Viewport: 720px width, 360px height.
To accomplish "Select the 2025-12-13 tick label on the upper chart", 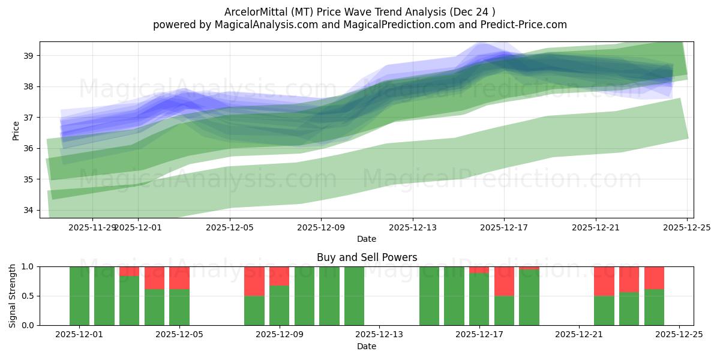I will pos(412,227).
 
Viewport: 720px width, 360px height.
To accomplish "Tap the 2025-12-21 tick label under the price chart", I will pos(595,227).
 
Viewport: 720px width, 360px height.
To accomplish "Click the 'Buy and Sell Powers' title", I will pos(367,257).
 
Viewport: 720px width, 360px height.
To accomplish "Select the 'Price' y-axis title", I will pos(16,130).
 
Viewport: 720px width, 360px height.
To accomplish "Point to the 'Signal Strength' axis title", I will pos(13,296).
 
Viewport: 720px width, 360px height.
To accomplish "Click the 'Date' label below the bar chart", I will pos(367,346).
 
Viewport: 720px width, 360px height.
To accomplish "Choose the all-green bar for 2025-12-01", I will pos(79,296).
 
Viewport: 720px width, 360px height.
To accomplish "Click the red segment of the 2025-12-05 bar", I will pos(179,278).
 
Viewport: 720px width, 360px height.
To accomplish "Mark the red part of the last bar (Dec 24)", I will pos(654,278).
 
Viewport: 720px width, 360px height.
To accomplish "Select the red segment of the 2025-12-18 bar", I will pos(504,281).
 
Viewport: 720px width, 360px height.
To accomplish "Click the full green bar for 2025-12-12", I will pos(354,296).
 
